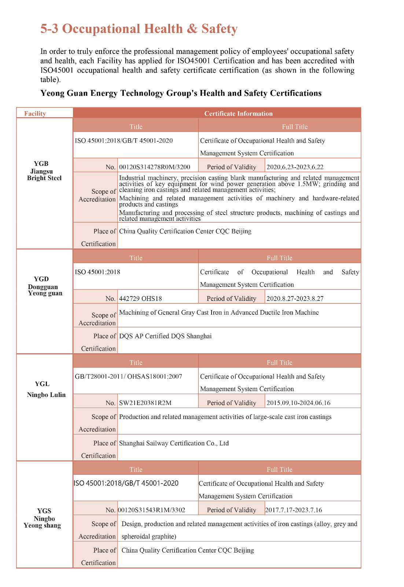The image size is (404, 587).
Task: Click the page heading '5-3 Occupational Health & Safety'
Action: (x=139, y=29)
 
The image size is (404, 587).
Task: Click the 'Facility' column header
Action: (x=35, y=113)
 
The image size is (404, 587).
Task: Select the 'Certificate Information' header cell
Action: (x=238, y=113)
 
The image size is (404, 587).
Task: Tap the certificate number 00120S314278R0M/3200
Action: (x=155, y=167)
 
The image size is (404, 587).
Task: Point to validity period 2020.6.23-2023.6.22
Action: (x=295, y=167)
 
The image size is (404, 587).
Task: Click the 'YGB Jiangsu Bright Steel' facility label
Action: (x=44, y=171)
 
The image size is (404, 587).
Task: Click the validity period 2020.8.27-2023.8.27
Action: (x=295, y=298)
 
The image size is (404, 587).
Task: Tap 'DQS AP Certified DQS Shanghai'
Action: (x=165, y=336)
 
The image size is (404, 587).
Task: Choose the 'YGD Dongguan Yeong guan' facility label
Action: (x=45, y=286)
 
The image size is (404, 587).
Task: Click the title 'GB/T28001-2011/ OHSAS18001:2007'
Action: (x=128, y=376)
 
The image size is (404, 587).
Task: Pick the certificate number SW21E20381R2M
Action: (x=145, y=403)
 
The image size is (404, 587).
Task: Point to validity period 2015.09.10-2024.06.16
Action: (x=298, y=403)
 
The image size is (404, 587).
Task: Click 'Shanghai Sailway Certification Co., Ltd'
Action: (x=174, y=443)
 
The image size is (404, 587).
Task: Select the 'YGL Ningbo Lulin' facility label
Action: (x=46, y=389)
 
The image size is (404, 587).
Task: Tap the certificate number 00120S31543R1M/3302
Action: (x=151, y=510)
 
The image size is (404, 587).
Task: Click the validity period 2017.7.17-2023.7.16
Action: (x=294, y=510)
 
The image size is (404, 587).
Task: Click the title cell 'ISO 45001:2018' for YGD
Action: (x=98, y=272)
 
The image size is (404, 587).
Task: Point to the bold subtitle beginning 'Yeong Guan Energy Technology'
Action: (x=181, y=93)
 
